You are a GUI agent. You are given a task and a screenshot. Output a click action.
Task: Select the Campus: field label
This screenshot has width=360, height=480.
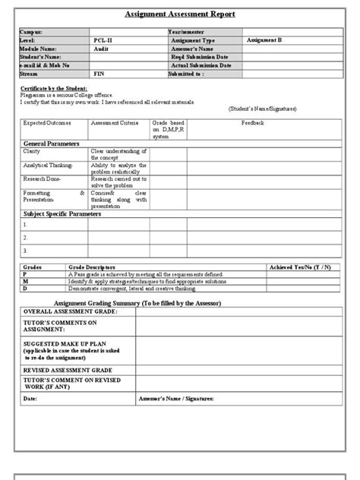pos(34,32)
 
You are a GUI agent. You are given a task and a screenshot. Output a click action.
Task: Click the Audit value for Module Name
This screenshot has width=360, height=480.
pos(101,47)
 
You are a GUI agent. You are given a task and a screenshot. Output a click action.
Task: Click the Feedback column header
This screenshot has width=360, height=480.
pos(253,122)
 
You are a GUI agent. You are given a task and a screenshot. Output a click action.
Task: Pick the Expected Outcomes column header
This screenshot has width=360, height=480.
pos(45,122)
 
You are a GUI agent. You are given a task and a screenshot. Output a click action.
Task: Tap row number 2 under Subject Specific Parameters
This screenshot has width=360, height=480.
pos(26,237)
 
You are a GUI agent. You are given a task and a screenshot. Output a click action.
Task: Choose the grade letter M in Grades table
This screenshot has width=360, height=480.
pos(24,281)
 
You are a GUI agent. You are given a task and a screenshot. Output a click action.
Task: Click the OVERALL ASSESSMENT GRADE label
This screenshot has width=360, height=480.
pos(68,311)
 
